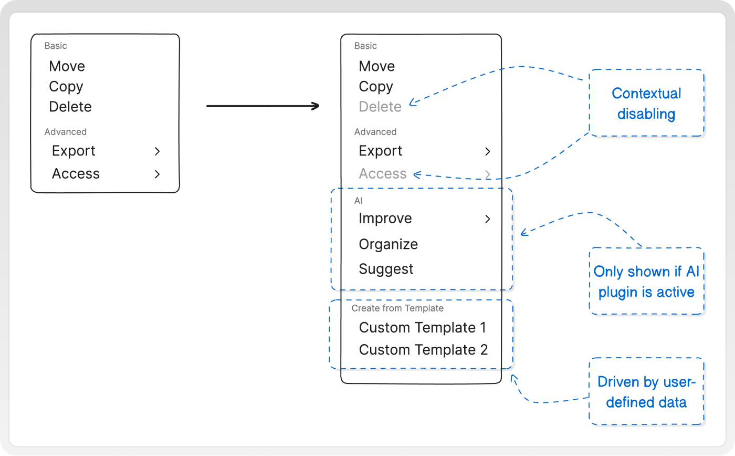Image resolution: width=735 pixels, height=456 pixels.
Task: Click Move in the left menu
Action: tap(67, 66)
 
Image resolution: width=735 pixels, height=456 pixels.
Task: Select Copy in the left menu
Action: tap(66, 87)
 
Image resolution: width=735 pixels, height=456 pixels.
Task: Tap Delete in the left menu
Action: tap(70, 107)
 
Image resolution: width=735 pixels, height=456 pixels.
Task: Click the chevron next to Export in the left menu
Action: tap(157, 151)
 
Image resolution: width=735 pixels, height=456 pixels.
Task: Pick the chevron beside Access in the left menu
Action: tap(157, 174)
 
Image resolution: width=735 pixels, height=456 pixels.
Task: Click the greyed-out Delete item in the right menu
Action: tap(380, 107)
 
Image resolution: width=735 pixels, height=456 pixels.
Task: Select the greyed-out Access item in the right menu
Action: tap(383, 173)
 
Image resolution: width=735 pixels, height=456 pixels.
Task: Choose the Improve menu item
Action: tap(385, 219)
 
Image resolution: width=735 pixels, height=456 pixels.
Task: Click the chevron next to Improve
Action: tap(488, 219)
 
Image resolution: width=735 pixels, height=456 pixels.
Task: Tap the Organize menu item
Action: tap(388, 244)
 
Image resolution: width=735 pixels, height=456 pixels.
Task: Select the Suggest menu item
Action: tap(386, 269)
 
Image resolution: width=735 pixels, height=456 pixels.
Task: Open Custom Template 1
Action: tap(422, 327)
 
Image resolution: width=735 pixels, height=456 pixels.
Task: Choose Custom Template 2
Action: tap(423, 350)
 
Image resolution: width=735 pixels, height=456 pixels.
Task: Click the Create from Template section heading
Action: tap(397, 308)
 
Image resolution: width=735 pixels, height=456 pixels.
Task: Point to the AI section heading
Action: tap(358, 201)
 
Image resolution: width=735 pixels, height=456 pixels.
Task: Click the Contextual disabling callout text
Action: tap(646, 103)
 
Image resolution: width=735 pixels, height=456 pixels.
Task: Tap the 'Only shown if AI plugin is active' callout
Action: tap(646, 282)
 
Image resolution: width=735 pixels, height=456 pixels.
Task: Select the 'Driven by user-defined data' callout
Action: tap(646, 392)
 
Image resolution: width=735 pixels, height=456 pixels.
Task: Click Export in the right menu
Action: tap(380, 151)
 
